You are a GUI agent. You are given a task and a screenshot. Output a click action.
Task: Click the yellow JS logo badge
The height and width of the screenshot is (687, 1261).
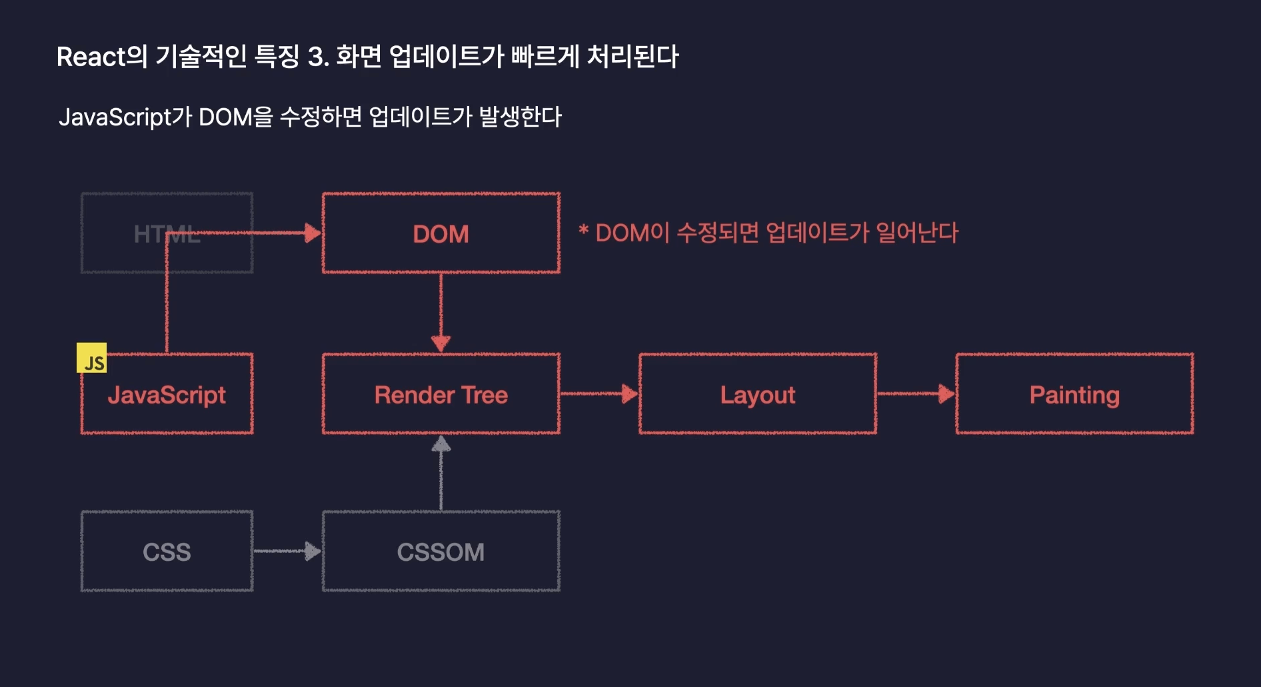click(91, 358)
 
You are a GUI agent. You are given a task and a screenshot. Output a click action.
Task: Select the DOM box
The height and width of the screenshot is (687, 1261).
click(441, 233)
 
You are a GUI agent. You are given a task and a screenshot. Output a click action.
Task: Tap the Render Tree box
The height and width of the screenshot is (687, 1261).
click(441, 394)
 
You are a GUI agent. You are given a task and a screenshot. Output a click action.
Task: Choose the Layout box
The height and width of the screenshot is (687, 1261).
click(757, 394)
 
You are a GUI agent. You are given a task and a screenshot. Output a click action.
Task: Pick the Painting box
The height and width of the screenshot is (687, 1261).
click(1074, 394)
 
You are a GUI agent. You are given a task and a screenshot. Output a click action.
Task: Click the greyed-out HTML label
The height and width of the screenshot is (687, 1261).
click(167, 234)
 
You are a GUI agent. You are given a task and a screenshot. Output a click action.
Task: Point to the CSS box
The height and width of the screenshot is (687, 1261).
click(167, 552)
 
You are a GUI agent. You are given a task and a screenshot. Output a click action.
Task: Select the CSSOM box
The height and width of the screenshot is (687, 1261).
click(441, 552)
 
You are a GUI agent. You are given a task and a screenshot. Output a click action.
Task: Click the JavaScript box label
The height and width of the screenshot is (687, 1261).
click(167, 395)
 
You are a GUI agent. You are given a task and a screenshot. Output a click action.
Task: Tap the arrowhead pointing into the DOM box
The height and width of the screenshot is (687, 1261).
click(312, 233)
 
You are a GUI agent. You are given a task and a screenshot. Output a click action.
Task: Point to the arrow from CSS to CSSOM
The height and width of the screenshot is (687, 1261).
click(287, 551)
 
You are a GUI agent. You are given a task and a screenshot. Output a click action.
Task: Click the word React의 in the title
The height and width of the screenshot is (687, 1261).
click(101, 57)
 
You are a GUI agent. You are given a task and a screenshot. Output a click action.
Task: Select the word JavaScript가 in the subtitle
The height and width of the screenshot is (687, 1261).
click(125, 117)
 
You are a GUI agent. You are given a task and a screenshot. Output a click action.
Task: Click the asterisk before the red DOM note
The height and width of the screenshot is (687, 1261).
click(584, 231)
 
